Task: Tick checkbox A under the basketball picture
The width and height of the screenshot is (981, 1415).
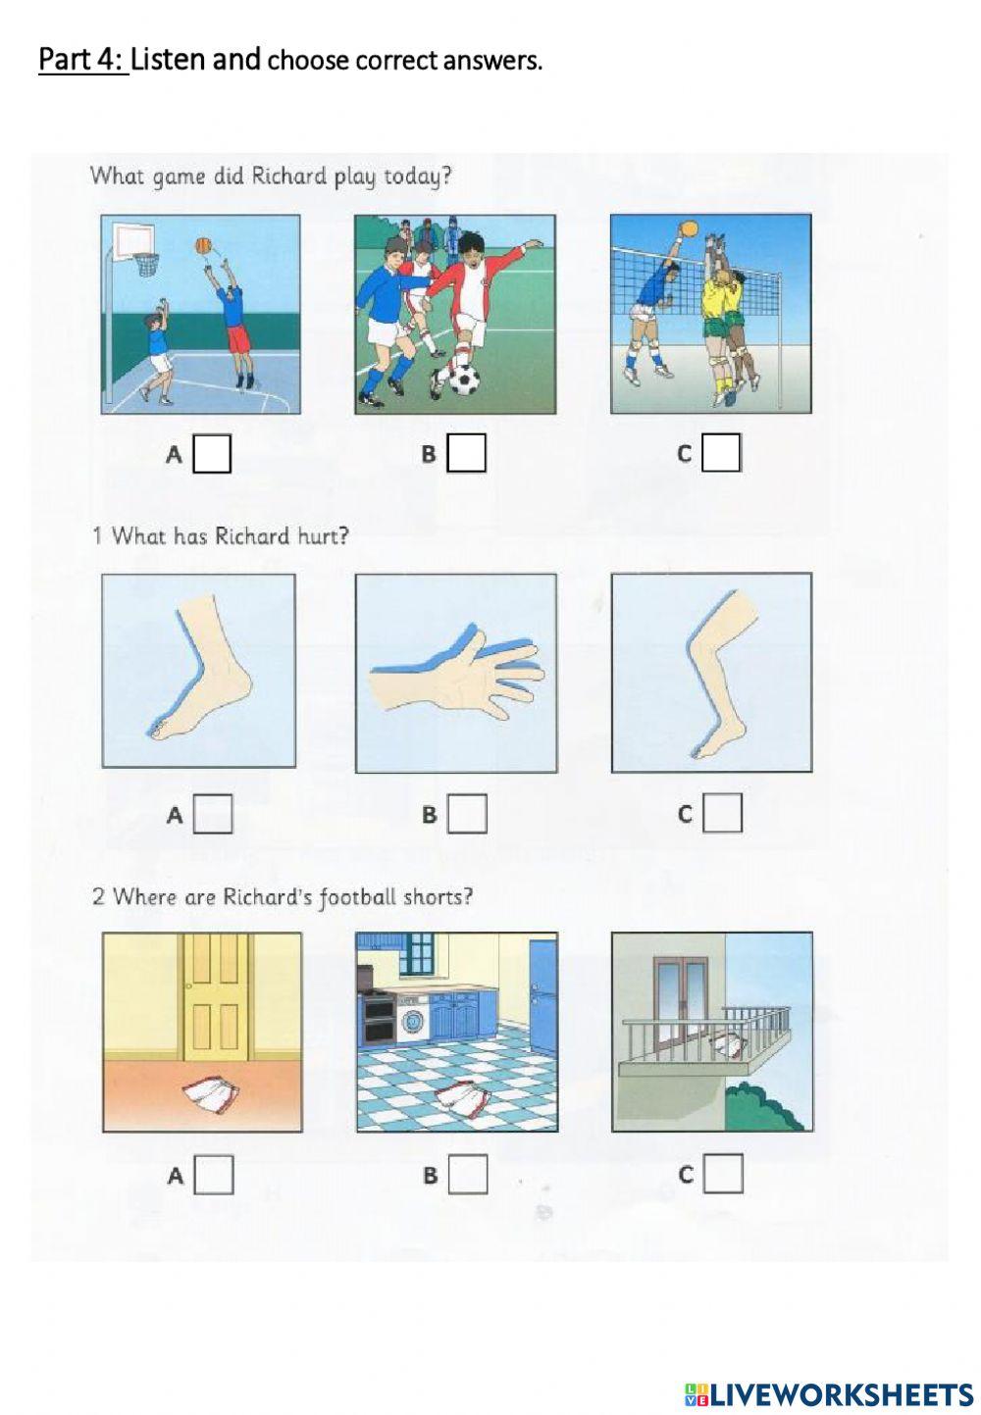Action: pyautogui.click(x=212, y=454)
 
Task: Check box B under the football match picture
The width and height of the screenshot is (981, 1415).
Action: pyautogui.click(x=467, y=453)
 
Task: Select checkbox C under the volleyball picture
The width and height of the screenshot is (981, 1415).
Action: pyautogui.click(x=721, y=453)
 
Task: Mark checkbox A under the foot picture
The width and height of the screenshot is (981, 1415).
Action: pyautogui.click(x=212, y=814)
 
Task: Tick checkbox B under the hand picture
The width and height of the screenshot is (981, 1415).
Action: pyautogui.click(x=468, y=814)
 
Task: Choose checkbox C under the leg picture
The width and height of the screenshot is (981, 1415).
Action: pyautogui.click(x=722, y=813)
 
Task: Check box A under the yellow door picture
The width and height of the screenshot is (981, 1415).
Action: pyautogui.click(x=214, y=1175)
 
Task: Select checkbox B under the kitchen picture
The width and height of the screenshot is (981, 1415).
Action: pyautogui.click(x=468, y=1175)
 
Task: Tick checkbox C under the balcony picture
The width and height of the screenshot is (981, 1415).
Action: pyautogui.click(x=723, y=1174)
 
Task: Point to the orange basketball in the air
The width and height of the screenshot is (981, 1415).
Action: pyautogui.click(x=202, y=246)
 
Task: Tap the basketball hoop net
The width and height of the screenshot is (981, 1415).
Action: pyautogui.click(x=147, y=264)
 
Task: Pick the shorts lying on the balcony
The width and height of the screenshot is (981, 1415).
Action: pyautogui.click(x=727, y=1048)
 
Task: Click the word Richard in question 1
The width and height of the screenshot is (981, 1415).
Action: pyautogui.click(x=252, y=536)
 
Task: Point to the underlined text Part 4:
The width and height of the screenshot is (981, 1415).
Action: pyautogui.click(x=83, y=60)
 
